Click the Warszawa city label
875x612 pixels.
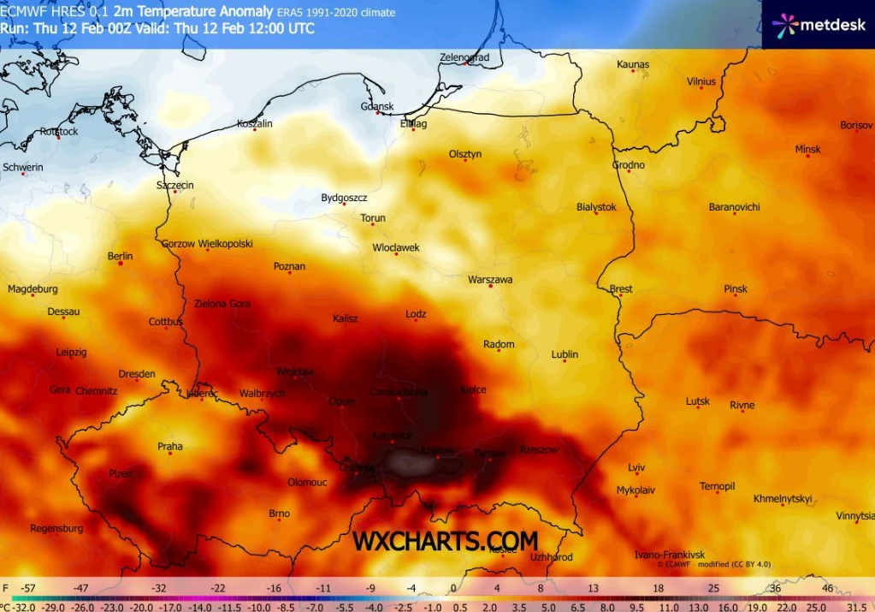(x=490, y=280)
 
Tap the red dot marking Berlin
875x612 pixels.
(x=121, y=264)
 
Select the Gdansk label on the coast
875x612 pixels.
(x=377, y=107)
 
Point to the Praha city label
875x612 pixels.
(x=169, y=446)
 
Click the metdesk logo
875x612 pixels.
(x=819, y=25)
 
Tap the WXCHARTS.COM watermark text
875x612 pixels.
(x=446, y=541)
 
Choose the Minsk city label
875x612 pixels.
(x=807, y=149)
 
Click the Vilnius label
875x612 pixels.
(x=701, y=82)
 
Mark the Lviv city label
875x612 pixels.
(x=636, y=467)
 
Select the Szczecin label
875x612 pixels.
(x=174, y=185)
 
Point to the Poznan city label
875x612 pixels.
(x=289, y=266)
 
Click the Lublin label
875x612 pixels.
(x=565, y=354)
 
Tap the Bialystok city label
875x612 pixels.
(x=596, y=207)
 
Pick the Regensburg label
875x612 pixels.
(x=56, y=528)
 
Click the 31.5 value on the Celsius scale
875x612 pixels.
(x=856, y=606)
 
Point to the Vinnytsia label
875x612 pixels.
(x=855, y=516)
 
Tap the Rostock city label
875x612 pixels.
(x=58, y=131)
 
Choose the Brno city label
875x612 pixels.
(x=280, y=514)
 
